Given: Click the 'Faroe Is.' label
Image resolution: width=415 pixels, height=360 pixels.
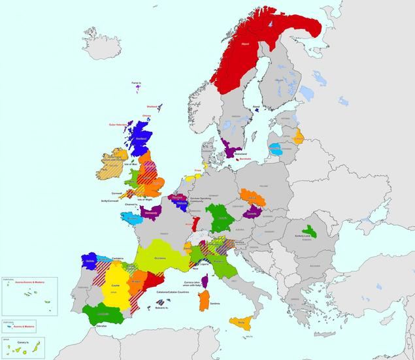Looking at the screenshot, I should tap(137, 83).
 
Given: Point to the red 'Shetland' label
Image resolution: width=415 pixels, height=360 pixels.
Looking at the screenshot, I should tap(153, 106).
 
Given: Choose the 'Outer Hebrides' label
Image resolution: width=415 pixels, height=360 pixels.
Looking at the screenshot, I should tap(118, 124).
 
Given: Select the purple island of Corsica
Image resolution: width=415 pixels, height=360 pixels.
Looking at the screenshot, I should tap(204, 280).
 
